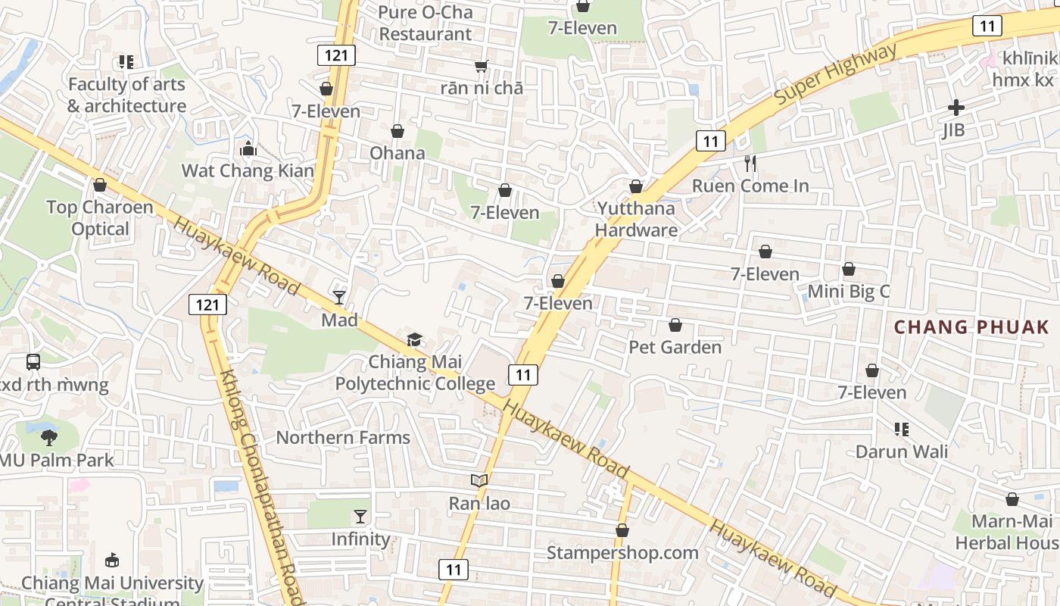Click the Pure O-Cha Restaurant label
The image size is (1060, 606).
426,23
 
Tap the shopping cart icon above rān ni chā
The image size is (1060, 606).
481,67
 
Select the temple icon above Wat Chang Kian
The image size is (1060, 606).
248,148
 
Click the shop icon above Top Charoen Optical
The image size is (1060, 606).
99,185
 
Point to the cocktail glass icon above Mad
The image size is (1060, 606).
339,298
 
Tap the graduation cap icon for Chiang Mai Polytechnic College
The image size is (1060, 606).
414,339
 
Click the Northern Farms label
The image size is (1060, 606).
343,437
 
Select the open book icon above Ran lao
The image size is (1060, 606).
479,480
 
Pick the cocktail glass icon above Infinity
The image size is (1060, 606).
360,517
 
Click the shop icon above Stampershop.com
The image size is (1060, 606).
622,530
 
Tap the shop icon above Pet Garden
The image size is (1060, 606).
675,325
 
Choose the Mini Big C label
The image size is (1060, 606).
849,292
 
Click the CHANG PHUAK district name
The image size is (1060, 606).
971,327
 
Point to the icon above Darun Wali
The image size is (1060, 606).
901,430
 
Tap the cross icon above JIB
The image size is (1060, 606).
956,108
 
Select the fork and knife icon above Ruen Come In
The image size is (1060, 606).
750,163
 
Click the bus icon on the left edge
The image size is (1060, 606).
33,362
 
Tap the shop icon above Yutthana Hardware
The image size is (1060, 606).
636,186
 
